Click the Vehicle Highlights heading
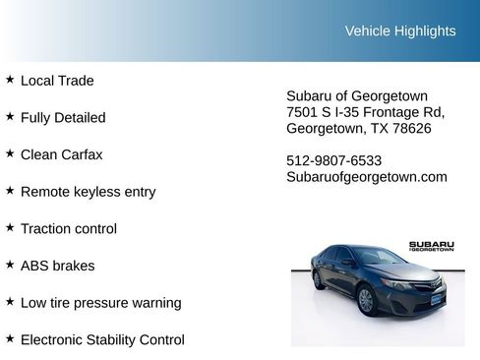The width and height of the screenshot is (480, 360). coord(400,30)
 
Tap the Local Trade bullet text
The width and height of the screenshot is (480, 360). coord(57,81)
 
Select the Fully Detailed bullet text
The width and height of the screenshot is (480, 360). coord(63,117)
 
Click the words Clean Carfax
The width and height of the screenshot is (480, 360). coord(61,154)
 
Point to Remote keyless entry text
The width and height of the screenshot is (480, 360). coord(88,192)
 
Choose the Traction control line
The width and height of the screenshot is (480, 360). coord(68,228)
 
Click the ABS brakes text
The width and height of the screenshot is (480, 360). coord(57,266)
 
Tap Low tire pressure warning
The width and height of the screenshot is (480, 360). coord(100,303)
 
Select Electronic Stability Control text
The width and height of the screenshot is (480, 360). coord(102,340)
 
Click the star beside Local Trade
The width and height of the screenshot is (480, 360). coord(10,80)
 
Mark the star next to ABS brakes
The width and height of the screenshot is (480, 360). coord(10,265)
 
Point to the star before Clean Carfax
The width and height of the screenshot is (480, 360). coord(10,153)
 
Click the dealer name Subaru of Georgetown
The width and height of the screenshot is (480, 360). coord(356,95)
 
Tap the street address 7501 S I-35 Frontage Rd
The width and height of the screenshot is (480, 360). coord(365,112)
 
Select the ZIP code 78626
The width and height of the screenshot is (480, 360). coord(411,129)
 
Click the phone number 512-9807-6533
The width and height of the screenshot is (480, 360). coord(333,160)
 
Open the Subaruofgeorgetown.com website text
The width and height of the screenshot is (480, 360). coord(366,177)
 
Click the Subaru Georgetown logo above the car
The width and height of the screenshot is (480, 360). coord(431,246)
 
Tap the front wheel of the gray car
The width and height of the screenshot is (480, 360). coord(366,301)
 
